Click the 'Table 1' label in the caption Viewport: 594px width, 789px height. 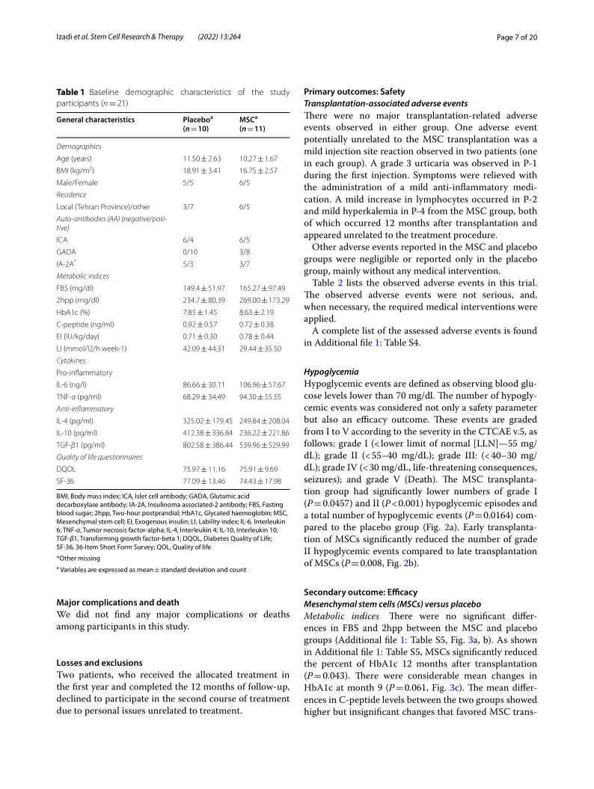[x=71, y=92]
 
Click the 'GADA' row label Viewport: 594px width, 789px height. [x=65, y=242]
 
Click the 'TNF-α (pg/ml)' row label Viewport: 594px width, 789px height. [x=80, y=396]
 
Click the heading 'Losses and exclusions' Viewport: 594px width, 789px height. [x=99, y=663]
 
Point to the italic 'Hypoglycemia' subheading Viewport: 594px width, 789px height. [x=331, y=371]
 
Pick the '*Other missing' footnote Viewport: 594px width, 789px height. [x=77, y=558]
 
